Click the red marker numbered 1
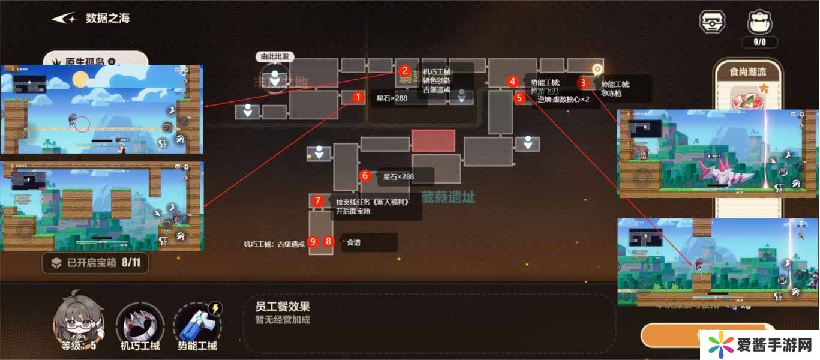point(358,97)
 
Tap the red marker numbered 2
point(405,70)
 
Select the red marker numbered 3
point(583,83)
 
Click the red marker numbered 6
point(365,176)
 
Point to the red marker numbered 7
point(318,201)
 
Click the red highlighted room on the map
point(433,140)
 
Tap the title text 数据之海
point(107,18)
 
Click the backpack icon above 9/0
point(759,22)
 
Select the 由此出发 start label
point(275,56)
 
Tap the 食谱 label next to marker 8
point(353,242)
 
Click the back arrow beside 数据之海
point(64,19)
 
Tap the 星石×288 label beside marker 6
point(399,176)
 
